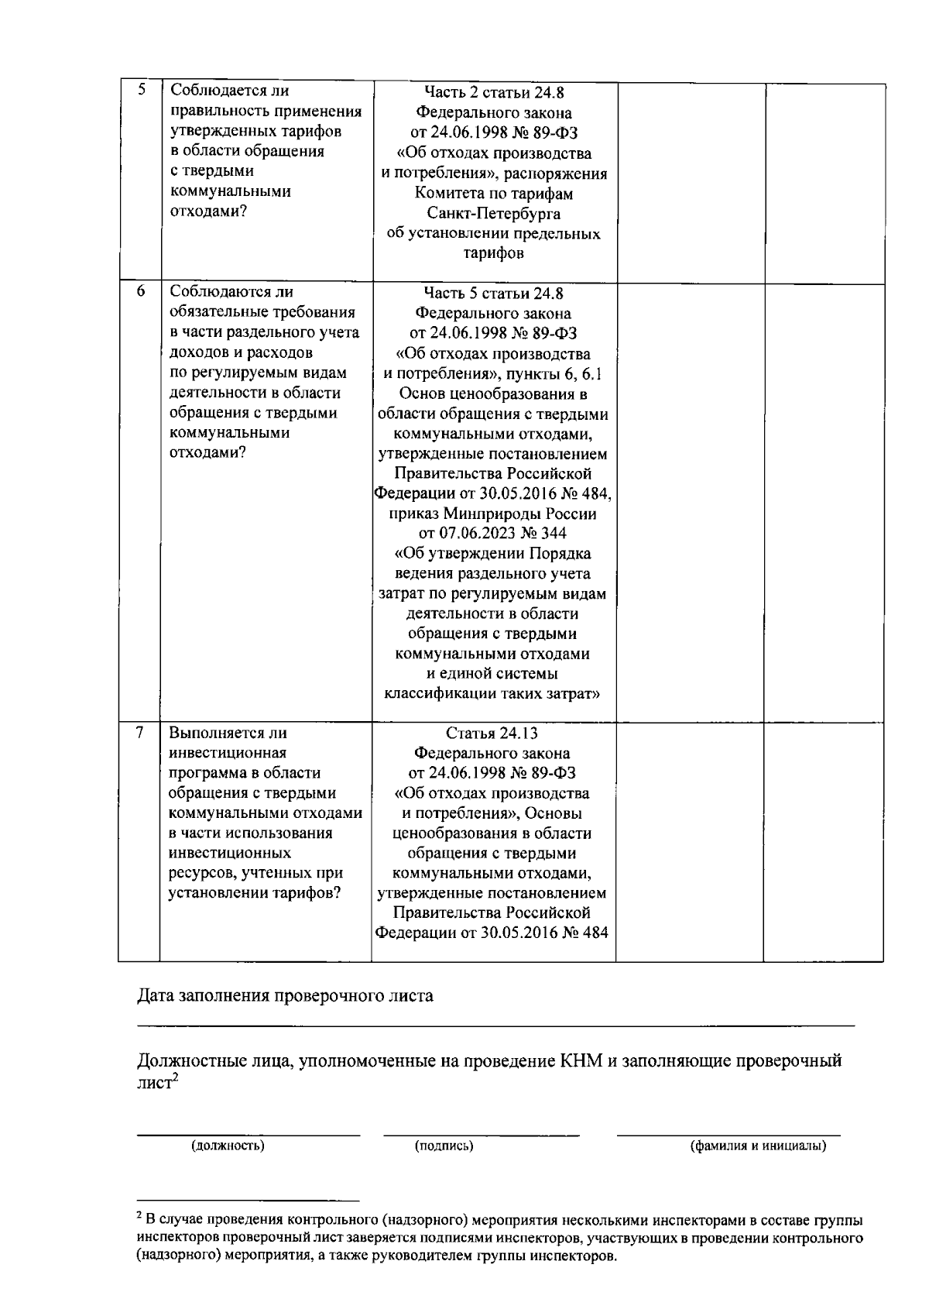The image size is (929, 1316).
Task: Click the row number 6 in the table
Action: [141, 291]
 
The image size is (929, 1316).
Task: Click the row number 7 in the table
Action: [139, 732]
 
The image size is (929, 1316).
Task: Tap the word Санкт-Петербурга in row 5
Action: [494, 213]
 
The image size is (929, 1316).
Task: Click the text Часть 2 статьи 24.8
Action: [494, 92]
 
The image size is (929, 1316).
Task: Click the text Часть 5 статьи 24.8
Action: [494, 293]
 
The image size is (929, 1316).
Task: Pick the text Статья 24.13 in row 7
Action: [492, 733]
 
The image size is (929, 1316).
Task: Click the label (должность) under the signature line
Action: [228, 1146]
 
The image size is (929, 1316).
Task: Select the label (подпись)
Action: [444, 1146]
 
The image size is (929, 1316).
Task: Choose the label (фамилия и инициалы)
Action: [758, 1146]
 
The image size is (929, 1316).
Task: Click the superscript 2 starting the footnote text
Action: [139, 1218]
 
